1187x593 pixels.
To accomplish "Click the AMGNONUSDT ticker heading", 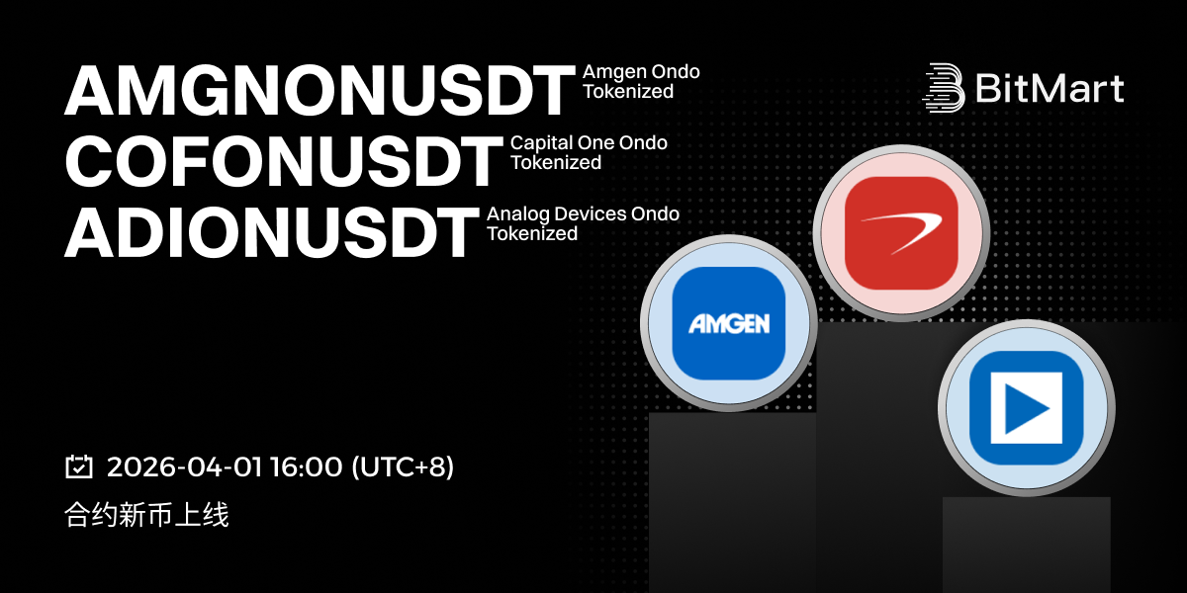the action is point(320,90).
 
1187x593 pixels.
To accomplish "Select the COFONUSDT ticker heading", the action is point(284,161).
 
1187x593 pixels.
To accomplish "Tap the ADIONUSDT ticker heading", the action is point(271,232).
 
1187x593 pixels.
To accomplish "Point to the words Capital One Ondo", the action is point(589,142).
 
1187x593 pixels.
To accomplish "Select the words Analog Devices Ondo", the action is point(583,213).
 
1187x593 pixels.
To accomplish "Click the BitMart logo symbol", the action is point(944,88).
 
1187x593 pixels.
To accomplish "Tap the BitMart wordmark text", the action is point(1050,88).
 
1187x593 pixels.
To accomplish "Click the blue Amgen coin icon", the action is point(729,323).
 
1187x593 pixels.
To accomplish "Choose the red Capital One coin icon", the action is point(901,233).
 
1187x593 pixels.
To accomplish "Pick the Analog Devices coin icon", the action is point(1027,407).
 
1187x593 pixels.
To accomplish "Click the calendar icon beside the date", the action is point(79,466).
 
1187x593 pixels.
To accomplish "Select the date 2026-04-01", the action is point(184,466).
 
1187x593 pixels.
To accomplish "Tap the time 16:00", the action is point(307,466).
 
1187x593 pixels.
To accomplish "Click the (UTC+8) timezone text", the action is point(403,466).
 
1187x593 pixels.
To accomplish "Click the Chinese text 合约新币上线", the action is point(146,515).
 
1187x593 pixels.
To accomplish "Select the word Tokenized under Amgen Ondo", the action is point(628,92).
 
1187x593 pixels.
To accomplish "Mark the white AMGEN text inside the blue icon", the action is point(729,323).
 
